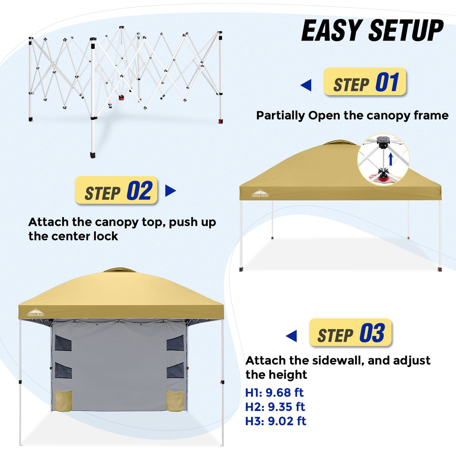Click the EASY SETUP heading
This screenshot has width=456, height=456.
click(x=372, y=31)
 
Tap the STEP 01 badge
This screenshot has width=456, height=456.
click(x=365, y=82)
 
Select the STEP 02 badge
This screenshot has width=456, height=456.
click(x=116, y=190)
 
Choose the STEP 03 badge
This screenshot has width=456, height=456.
click(x=350, y=333)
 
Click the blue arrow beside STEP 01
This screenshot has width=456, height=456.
click(x=306, y=85)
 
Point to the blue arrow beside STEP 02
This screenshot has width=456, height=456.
click(x=170, y=191)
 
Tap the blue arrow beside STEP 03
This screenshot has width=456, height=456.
click(x=291, y=336)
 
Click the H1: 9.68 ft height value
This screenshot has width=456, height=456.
click(x=274, y=393)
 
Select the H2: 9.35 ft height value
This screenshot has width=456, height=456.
click(x=275, y=407)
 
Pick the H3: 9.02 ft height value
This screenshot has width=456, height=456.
click(x=275, y=421)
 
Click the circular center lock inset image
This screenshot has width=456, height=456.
click(x=384, y=160)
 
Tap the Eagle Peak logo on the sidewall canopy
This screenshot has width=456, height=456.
click(x=35, y=313)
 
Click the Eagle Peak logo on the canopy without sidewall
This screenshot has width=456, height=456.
click(x=260, y=193)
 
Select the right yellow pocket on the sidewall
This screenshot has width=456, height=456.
click(x=175, y=400)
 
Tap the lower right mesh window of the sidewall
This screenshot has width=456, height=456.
click(x=175, y=370)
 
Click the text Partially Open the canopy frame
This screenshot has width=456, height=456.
click(x=352, y=115)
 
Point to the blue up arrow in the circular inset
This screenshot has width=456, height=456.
click(x=391, y=159)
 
